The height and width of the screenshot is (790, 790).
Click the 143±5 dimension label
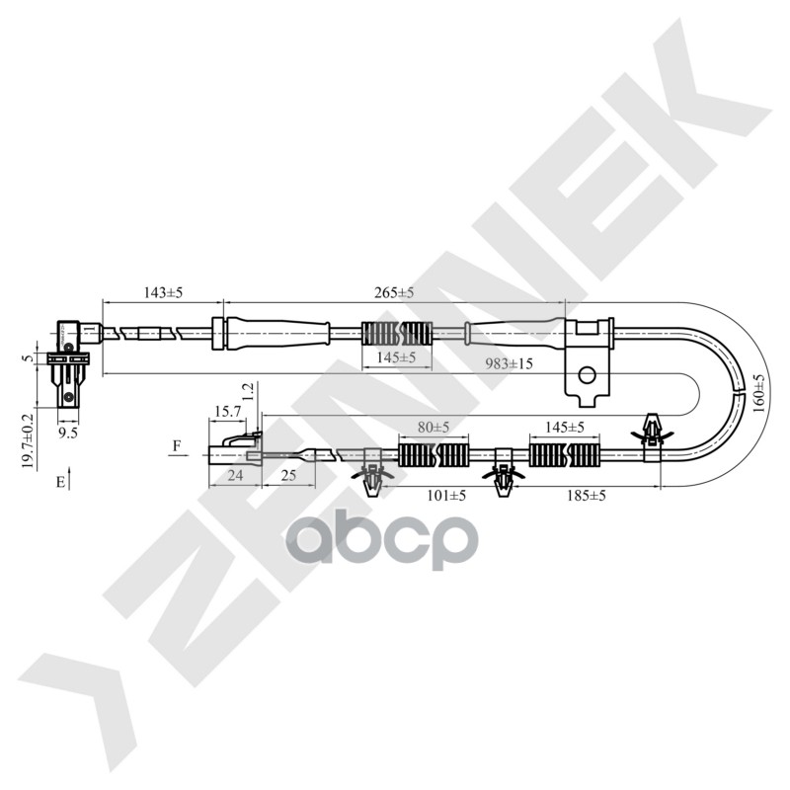[x=164, y=293]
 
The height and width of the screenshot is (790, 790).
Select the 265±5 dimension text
[x=394, y=293]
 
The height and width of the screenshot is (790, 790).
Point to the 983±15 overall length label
[x=510, y=363]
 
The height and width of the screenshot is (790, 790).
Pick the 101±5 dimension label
[x=444, y=495]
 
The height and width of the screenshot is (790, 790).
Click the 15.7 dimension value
[x=225, y=410]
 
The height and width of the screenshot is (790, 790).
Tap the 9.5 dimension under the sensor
[x=67, y=432]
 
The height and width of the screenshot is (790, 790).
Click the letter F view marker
[x=177, y=446]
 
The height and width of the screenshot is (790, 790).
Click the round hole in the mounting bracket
[x=587, y=375]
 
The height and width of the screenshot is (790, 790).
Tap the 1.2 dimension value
[x=250, y=392]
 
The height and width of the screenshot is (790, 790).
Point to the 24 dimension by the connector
[x=235, y=475]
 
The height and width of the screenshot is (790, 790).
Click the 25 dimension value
[x=287, y=475]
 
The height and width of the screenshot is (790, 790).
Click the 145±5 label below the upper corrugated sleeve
[x=397, y=356]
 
